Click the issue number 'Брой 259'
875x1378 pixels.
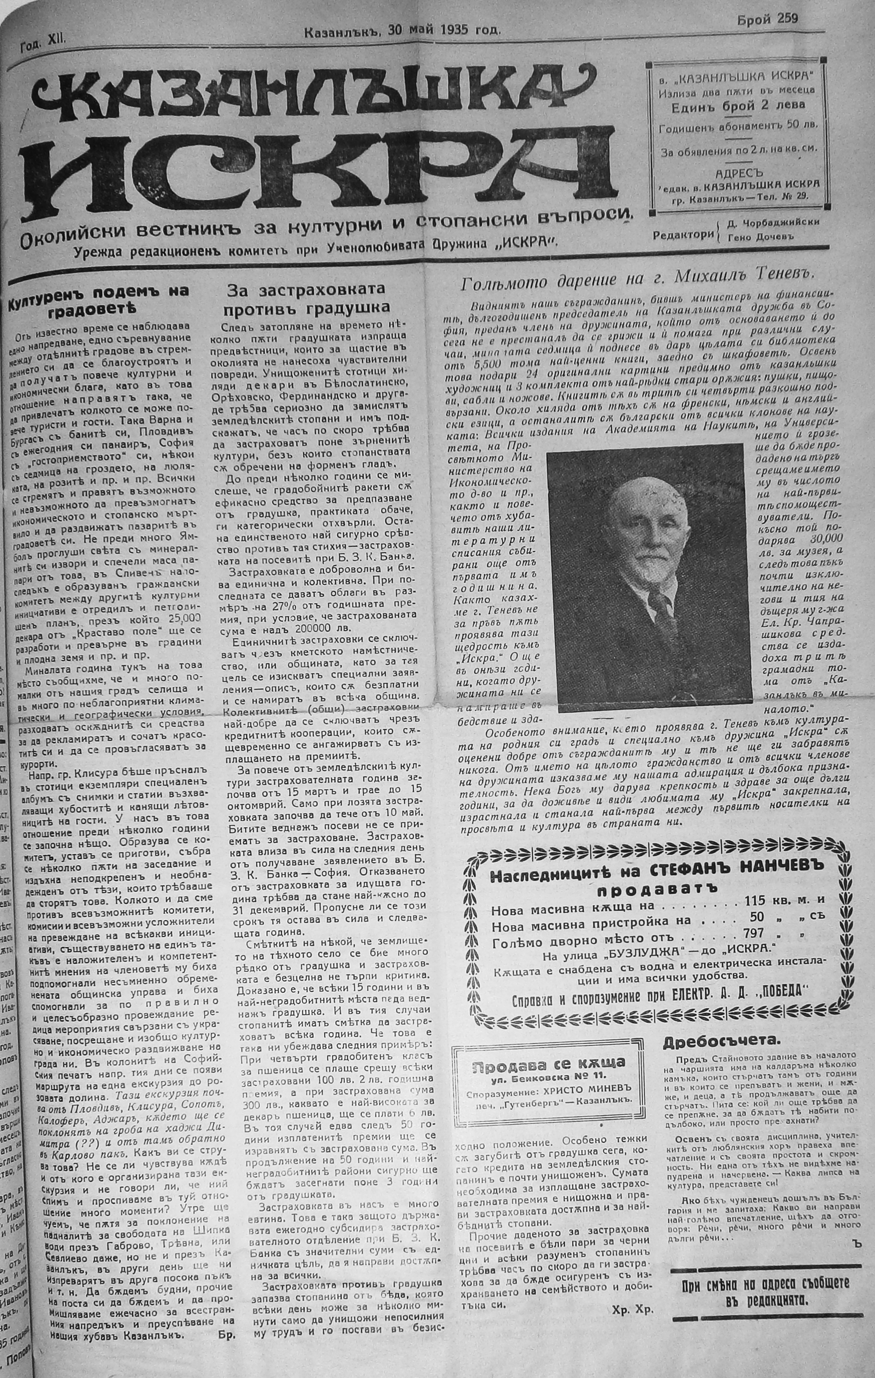click(x=767, y=18)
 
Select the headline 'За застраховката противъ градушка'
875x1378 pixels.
click(x=305, y=299)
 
